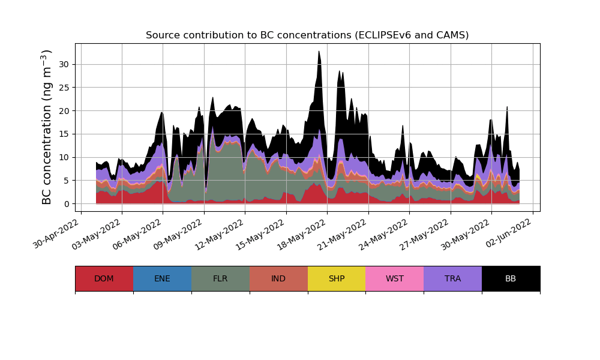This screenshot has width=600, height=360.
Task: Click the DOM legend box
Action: pyautogui.click(x=104, y=278)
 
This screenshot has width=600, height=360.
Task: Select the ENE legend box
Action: pyautogui.click(x=162, y=278)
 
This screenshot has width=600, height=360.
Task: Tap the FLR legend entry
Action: pyautogui.click(x=220, y=278)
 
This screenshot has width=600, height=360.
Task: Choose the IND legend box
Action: pyautogui.click(x=278, y=278)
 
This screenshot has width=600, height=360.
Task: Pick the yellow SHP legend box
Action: pyautogui.click(x=337, y=278)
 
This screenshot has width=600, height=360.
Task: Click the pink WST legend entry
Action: pyautogui.click(x=395, y=278)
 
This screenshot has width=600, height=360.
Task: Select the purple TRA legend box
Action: pyautogui.click(x=453, y=278)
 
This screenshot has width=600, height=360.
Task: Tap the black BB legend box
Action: pyautogui.click(x=511, y=278)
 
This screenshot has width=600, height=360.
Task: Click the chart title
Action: pyautogui.click(x=307, y=35)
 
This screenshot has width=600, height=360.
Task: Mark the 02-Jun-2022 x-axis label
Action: pyautogui.click(x=509, y=235)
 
